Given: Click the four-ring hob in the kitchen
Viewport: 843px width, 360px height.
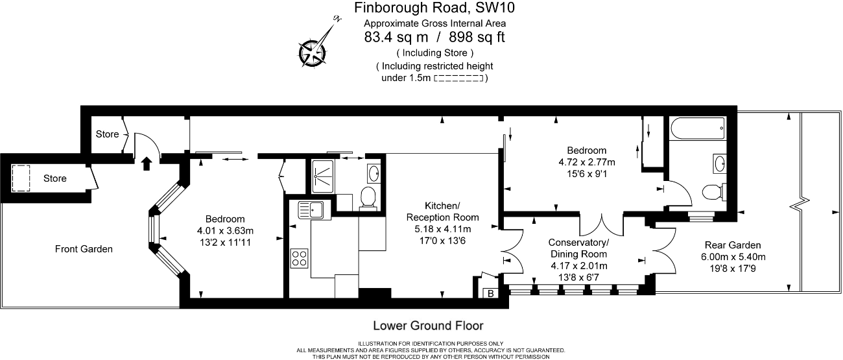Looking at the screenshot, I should tap(300, 258).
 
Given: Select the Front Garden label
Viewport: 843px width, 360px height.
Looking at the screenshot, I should tap(84, 248).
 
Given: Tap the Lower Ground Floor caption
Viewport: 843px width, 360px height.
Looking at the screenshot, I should tap(428, 325).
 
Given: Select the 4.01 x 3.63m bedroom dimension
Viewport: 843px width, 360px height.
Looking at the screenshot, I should tap(225, 230).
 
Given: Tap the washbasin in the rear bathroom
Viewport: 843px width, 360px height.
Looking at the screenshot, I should tap(720, 163).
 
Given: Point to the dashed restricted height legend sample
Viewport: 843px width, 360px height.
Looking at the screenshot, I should tap(458, 78).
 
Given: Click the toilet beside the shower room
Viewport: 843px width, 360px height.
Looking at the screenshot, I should tap(368, 197).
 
